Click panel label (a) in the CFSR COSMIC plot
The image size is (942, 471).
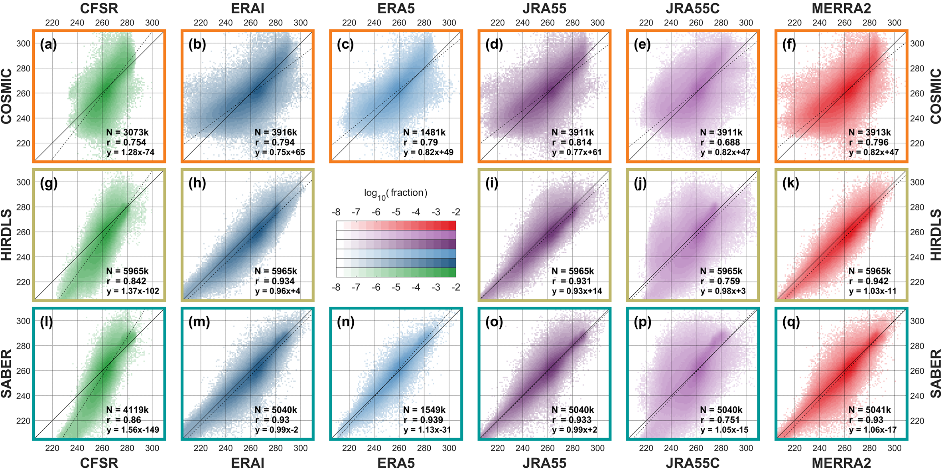pos(48,44)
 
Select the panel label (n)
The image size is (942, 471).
pos(345,321)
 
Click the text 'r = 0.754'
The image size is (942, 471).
pos(126,142)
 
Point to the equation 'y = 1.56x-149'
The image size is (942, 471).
pos(133,430)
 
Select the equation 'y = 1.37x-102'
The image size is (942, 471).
pos(133,291)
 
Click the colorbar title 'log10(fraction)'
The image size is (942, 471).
pos(396,193)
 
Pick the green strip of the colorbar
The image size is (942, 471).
pos(396,272)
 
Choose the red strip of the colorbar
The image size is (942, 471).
pos(396,225)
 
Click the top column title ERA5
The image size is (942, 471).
pos(396,8)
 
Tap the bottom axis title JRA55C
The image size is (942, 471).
pos(693,463)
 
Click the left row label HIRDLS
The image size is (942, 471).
pos(7,235)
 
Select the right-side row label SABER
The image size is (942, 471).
pos(936,374)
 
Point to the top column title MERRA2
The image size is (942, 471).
pos(841,8)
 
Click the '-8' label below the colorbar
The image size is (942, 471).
pos(336,288)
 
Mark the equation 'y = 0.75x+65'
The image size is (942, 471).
pos(280,152)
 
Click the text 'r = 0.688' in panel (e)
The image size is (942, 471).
pos(720,142)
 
